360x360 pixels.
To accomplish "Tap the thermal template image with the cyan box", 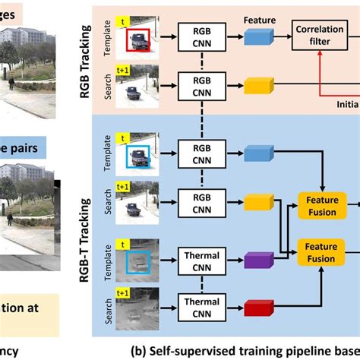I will (x=137, y=262).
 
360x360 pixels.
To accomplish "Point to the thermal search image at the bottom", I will (x=137, y=308).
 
